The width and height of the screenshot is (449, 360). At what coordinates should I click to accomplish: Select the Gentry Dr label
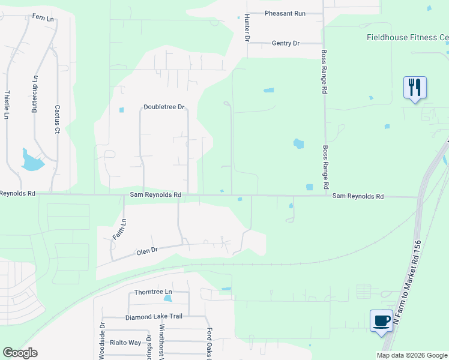tap(285, 43)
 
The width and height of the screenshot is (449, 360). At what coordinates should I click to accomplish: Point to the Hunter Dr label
tap(246, 28)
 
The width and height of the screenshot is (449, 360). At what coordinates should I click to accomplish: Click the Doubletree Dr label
tap(163, 107)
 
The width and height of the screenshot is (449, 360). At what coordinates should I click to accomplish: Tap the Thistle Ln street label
tap(7, 104)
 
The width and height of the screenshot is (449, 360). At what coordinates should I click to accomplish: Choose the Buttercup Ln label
tap(35, 94)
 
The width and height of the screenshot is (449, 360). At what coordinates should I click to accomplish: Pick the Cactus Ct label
tap(58, 119)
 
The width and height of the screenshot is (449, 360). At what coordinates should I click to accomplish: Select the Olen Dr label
tap(146, 249)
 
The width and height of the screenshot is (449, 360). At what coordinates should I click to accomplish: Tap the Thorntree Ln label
tap(148, 292)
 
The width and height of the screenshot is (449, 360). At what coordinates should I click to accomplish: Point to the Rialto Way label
tap(125, 343)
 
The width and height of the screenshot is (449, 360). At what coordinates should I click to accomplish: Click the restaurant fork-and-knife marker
tap(415, 87)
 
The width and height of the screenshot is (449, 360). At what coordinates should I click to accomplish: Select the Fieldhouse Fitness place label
tap(408, 37)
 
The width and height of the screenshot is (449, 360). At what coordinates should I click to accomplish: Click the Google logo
tap(20, 353)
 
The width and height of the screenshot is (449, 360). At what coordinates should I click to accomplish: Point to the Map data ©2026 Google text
tap(412, 355)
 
